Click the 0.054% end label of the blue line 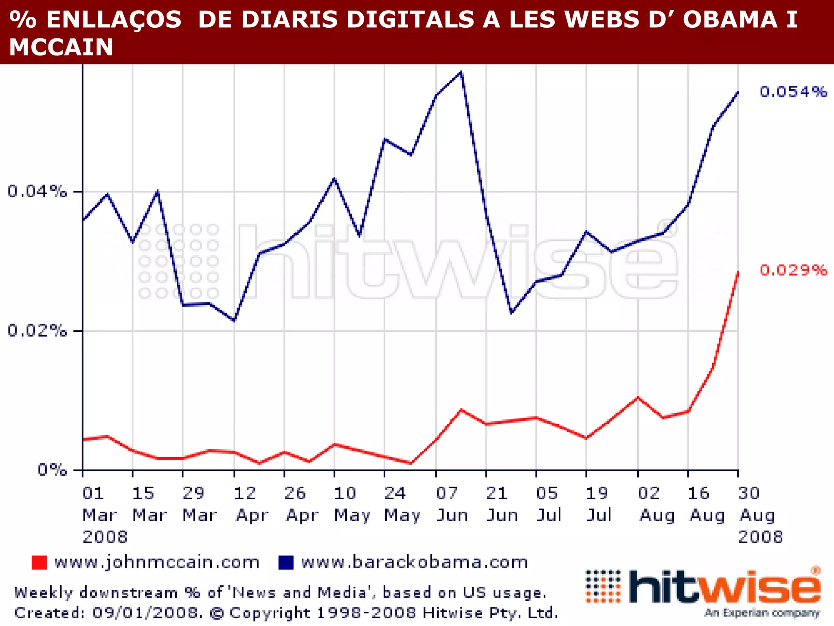point(793,92)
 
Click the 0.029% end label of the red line point(793,270)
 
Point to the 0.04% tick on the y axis point(37,191)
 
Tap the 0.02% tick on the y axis point(37,331)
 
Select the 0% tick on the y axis point(52,470)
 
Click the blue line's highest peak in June point(461,73)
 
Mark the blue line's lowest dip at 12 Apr point(234,321)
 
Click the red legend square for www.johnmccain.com point(40,563)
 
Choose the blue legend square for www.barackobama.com point(286,563)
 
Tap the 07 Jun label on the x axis point(452,504)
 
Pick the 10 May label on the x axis point(351,504)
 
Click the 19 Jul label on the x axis point(598,504)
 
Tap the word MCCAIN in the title point(61,47)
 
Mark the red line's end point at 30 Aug point(738,272)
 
